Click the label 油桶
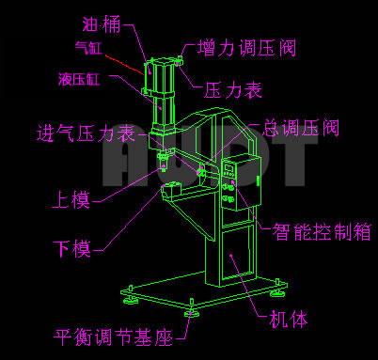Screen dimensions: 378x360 102,24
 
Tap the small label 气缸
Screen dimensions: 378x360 88,48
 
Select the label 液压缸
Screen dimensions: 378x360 79,79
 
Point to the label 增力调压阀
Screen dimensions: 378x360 246,48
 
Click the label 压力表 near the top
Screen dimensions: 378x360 233,90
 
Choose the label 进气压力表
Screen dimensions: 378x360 87,133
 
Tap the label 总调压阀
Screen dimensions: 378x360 301,128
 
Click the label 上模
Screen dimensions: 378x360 71,199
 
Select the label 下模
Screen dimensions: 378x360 71,249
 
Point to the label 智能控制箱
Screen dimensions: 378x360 322,232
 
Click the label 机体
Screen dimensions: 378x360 289,319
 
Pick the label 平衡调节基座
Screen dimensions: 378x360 113,337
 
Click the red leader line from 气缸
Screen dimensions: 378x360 124,65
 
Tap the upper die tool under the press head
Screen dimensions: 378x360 163,161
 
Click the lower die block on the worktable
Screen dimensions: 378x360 171,190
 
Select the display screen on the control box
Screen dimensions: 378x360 228,169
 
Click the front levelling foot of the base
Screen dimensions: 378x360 191,310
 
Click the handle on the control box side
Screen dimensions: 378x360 258,181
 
